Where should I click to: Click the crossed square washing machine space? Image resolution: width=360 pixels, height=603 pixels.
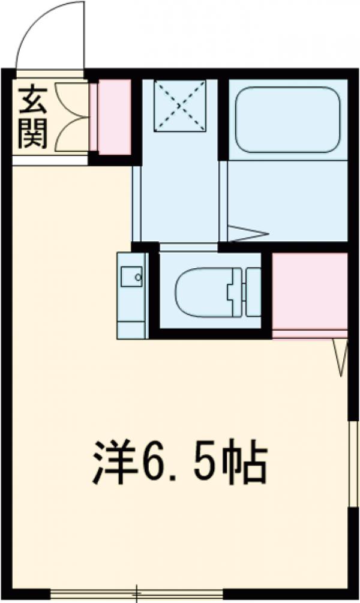[x=181, y=106]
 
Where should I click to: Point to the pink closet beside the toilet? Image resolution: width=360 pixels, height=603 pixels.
[x=310, y=290]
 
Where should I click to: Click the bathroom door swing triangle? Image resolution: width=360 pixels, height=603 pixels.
[x=247, y=233]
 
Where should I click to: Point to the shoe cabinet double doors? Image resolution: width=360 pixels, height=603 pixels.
[x=71, y=116]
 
